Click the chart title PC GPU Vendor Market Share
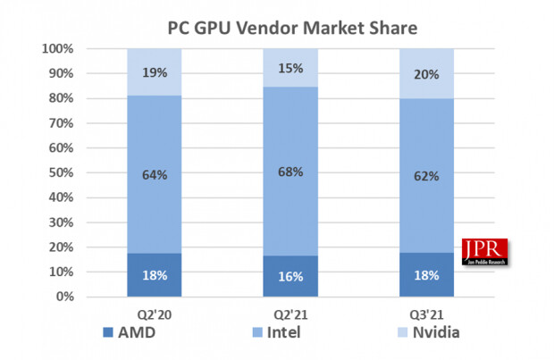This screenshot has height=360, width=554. coord(293,27)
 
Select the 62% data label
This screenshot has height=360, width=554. coord(426,176)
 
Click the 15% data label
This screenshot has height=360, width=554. coord(290,68)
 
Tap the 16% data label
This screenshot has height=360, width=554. coord(290,277)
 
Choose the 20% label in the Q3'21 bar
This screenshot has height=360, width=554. coord(426,75)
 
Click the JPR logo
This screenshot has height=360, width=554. coord(484,252)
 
